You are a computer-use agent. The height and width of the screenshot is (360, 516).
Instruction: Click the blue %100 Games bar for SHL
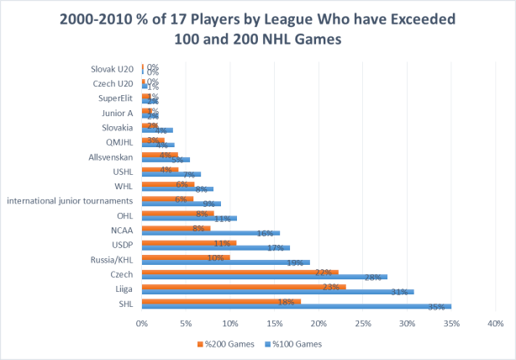(297, 306)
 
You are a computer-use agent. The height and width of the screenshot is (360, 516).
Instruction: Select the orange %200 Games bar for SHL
(221, 301)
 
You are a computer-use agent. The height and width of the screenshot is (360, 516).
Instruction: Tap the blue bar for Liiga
(277, 291)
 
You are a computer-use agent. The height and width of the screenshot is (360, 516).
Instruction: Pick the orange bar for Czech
(240, 272)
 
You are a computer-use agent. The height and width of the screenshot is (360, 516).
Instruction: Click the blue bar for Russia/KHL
(225, 262)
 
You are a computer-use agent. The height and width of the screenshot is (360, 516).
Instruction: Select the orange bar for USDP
(189, 242)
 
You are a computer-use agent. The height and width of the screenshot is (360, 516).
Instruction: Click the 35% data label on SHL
(436, 307)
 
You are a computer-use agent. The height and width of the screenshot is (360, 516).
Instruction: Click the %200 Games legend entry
(222, 343)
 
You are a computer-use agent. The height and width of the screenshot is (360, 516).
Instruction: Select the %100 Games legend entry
(295, 343)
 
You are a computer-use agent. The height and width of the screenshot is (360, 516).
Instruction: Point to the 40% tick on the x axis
(493, 323)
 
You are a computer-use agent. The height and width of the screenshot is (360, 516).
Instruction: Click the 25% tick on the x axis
(361, 323)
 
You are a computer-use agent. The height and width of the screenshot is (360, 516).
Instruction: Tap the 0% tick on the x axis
(142, 323)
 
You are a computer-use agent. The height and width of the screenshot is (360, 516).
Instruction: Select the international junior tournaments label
(71, 200)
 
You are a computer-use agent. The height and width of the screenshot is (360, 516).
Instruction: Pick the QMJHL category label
(119, 142)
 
